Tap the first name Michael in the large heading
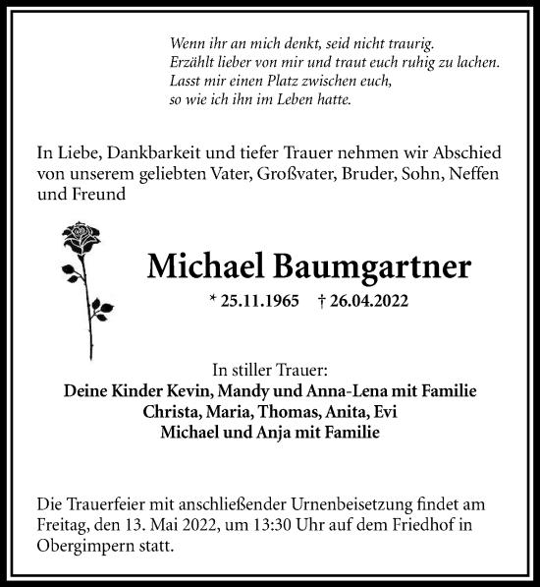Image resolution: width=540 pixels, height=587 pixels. click(x=202, y=265)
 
